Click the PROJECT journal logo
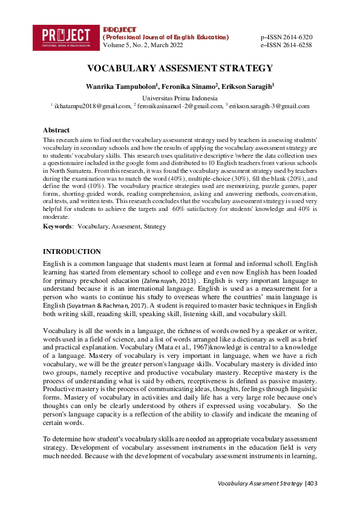point(66,37)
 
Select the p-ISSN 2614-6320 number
point(286,37)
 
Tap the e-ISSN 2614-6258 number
point(286,45)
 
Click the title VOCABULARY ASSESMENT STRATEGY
point(180,68)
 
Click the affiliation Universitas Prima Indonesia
point(180,98)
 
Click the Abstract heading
point(56,130)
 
